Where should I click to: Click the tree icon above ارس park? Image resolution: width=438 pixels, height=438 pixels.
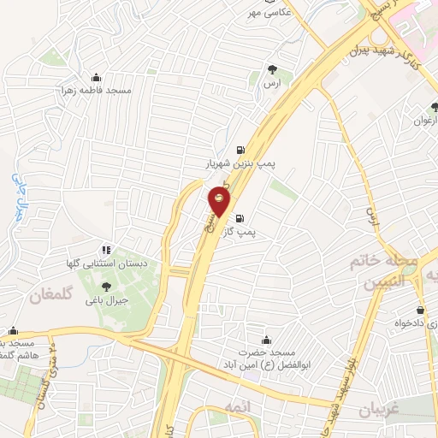point(272,69)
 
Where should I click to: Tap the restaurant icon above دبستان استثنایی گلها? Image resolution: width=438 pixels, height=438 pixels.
point(105,250)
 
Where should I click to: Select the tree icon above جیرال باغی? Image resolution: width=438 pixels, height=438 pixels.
point(106,287)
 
